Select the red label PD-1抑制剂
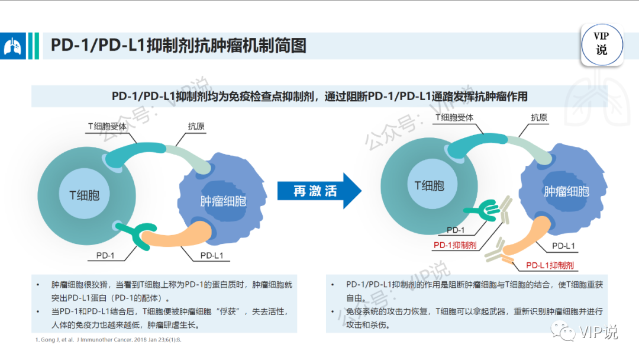[x=455, y=245]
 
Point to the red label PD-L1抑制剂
[x=550, y=265]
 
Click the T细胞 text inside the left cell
[x=84, y=194]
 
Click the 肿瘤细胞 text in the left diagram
[x=223, y=201]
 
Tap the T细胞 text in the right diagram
[x=429, y=185]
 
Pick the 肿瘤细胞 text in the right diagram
[x=566, y=191]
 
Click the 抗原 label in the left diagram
[x=197, y=126]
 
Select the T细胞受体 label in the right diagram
[x=454, y=117]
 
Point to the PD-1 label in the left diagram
[x=105, y=256]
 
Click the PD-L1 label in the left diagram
[x=211, y=256]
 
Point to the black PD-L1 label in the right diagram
[x=563, y=246]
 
